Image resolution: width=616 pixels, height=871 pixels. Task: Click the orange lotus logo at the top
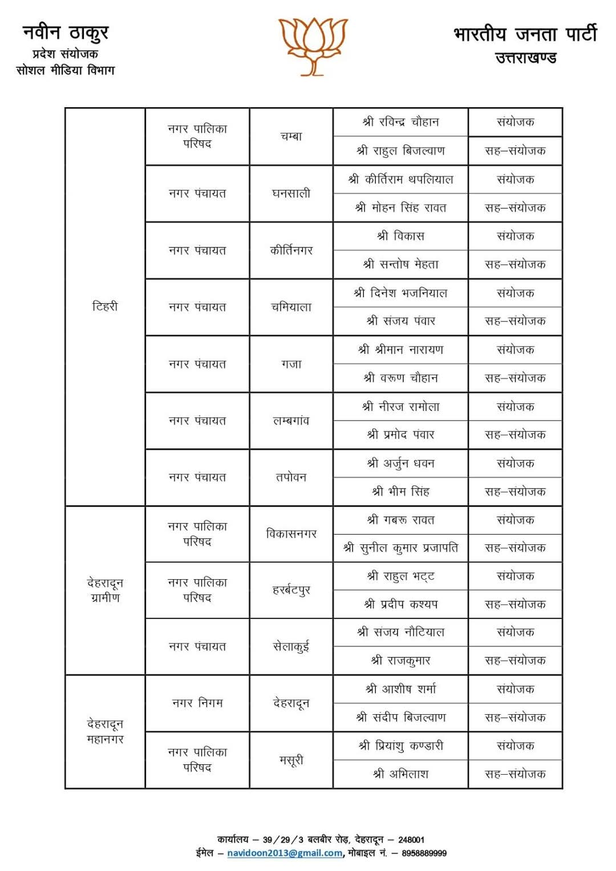coord(313,46)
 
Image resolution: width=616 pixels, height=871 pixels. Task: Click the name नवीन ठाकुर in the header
coord(66,32)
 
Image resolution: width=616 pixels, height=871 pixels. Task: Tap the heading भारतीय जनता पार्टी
coord(525,34)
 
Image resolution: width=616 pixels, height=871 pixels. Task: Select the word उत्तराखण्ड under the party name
coord(525,58)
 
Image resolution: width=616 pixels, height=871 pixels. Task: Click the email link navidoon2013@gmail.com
coord(285,853)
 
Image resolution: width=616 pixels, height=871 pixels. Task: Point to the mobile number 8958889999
coord(424,853)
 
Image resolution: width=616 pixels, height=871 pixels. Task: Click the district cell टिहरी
coord(105,307)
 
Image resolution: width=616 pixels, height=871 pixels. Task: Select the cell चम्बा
coord(291,136)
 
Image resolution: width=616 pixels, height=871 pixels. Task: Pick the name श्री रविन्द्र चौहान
coord(400,122)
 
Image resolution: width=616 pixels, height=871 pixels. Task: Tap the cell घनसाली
coord(291,193)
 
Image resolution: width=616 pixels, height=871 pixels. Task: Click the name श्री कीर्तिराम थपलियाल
coord(400,180)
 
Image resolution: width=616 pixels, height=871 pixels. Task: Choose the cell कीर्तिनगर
coord(291,250)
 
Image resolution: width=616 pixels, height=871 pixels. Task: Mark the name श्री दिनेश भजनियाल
coord(400,293)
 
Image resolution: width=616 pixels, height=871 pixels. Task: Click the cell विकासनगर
coord(291,534)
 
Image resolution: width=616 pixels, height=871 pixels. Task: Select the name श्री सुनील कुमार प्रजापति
coord(400,548)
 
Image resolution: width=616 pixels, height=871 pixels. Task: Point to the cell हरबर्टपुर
coord(291,590)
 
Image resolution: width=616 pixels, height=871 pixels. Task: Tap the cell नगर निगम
coord(197,703)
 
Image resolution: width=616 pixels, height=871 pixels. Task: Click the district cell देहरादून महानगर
coord(105,731)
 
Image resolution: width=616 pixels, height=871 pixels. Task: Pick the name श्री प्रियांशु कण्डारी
coord(400,746)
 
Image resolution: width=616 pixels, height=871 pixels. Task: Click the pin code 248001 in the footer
coord(411,840)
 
